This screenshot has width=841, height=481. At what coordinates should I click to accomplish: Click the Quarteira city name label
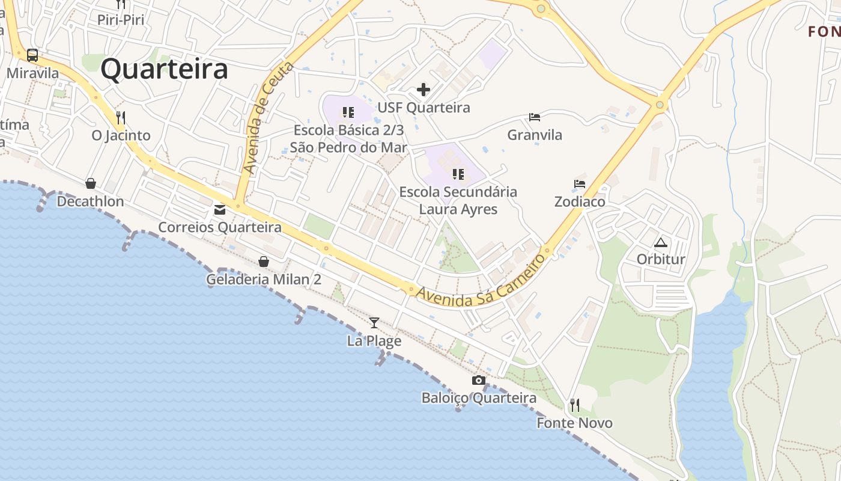pos(164,69)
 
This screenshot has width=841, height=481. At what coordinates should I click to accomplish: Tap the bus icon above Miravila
pos(32,56)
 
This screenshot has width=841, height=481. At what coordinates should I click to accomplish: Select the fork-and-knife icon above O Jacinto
pos(121,117)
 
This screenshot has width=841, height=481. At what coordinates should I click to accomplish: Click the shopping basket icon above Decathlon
pos(90,183)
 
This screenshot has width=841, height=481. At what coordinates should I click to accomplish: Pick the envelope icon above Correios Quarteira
pos(220,210)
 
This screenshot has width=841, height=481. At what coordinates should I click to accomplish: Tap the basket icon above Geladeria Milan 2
pos(263,262)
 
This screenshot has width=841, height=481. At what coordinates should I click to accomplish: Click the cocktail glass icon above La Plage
pos(374,323)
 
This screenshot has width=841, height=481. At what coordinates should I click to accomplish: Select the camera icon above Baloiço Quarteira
pos(479,380)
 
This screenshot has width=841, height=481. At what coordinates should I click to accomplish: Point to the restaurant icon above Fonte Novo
pos(575,405)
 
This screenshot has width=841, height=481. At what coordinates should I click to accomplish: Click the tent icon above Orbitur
pos(661,243)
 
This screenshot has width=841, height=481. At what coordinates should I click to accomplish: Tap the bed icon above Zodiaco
pos(580,184)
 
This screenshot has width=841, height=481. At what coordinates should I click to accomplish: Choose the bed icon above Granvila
pos(535,117)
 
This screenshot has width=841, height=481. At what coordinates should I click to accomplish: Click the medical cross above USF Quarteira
pos(424,90)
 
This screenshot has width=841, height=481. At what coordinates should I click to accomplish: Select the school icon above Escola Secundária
pos(458,174)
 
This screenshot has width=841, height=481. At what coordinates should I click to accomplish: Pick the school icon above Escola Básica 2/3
pos(348,112)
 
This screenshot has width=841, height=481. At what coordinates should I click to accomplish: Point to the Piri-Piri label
pos(121,20)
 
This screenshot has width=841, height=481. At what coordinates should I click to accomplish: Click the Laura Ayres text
pos(458,209)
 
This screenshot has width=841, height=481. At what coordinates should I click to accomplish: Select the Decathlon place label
pos(90,201)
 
